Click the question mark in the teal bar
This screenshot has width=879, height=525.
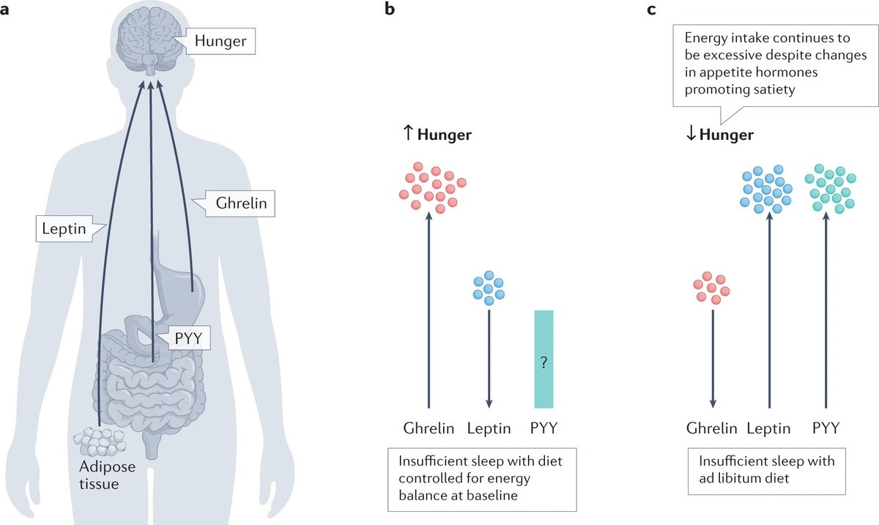click(544, 361)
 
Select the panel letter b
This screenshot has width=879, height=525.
click(389, 10)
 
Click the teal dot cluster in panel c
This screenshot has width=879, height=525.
click(831, 189)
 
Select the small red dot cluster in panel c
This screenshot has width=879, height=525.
click(712, 287)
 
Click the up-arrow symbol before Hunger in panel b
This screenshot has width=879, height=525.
click(409, 135)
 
